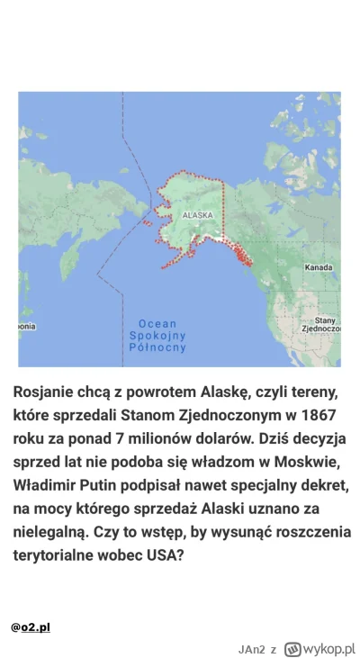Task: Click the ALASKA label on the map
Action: coord(197,216)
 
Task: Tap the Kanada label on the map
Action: coord(319,267)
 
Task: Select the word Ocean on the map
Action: coord(157,323)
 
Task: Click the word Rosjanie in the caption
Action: coord(49,393)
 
